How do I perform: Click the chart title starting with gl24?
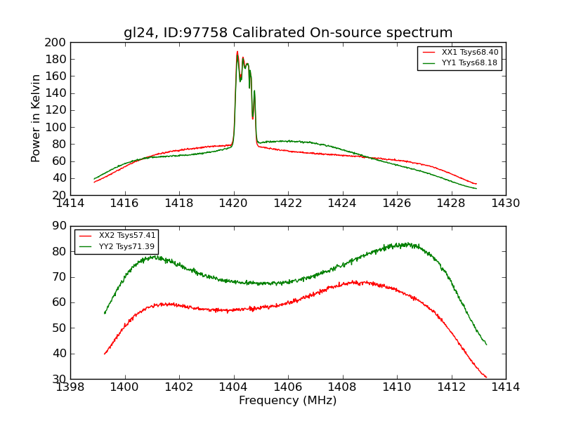[x=288, y=33]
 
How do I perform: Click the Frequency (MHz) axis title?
[x=288, y=401]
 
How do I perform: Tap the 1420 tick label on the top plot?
[x=233, y=203]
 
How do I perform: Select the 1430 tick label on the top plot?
[x=505, y=203]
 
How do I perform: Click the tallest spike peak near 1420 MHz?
[x=237, y=51]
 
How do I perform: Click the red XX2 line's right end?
[x=486, y=377]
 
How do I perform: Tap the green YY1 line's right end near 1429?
[x=476, y=188]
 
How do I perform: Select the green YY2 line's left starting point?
[x=105, y=313]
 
